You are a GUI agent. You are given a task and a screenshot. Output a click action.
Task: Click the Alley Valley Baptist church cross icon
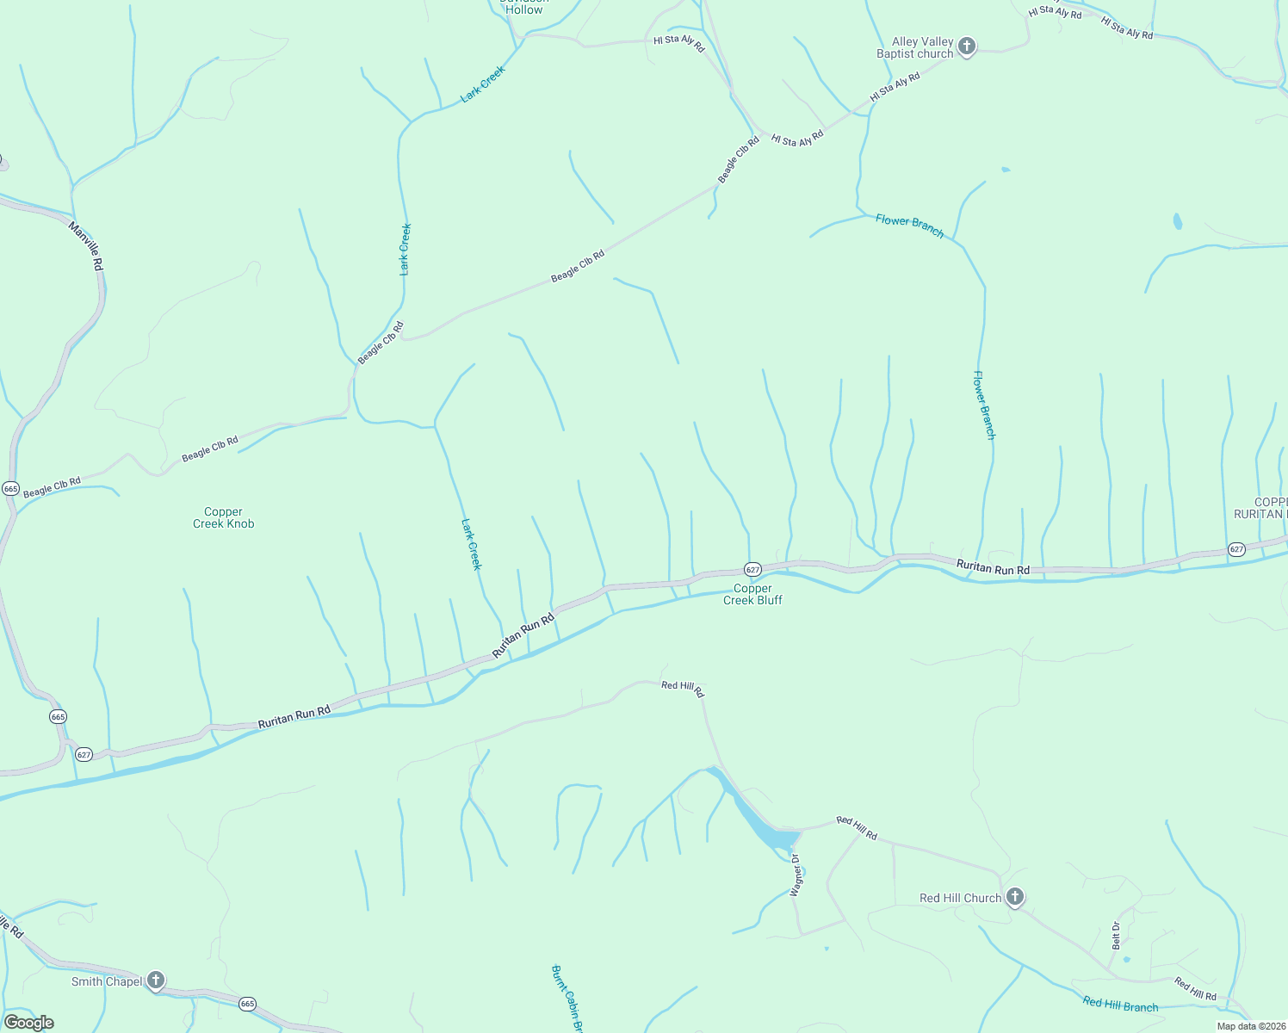click(x=967, y=46)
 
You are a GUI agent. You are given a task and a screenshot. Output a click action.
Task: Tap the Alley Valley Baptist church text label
click(x=915, y=48)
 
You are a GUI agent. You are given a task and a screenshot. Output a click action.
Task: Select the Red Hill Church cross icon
click(x=1015, y=898)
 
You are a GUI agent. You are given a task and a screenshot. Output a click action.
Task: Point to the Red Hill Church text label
click(x=960, y=899)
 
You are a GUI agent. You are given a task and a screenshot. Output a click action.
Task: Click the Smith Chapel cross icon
click(x=156, y=980)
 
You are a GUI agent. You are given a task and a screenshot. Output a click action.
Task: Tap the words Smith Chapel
click(x=107, y=982)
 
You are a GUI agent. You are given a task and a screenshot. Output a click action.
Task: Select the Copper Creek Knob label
click(x=224, y=517)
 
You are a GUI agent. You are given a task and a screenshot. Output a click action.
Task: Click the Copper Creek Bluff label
click(x=752, y=595)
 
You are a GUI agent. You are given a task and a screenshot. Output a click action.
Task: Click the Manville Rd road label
click(x=86, y=246)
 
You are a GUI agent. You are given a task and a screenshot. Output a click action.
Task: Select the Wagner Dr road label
click(x=796, y=875)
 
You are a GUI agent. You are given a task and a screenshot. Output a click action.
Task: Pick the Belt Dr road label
click(x=1116, y=936)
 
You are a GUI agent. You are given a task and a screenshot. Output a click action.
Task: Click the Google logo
click(x=29, y=1023)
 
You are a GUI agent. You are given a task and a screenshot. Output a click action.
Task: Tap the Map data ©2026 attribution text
click(x=1250, y=1026)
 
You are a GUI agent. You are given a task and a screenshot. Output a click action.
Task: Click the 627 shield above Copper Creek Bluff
click(x=752, y=570)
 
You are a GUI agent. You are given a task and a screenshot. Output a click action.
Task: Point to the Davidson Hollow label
click(x=524, y=7)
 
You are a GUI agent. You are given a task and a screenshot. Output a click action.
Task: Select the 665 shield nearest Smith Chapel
click(x=248, y=1004)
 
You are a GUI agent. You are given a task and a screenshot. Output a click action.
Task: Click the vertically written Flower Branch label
click(x=984, y=405)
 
